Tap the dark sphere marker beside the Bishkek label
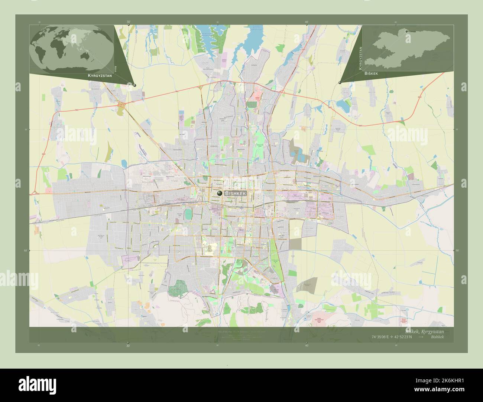coord(220,193)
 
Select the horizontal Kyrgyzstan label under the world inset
coord(100,75)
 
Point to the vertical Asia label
coord(116,68)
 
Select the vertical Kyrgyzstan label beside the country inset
coord(359,58)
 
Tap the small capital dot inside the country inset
coord(406,31)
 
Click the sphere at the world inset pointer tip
coord(134,85)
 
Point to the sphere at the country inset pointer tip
coord(340,82)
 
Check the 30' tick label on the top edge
coord(128,22)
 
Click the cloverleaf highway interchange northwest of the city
coord(121,105)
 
